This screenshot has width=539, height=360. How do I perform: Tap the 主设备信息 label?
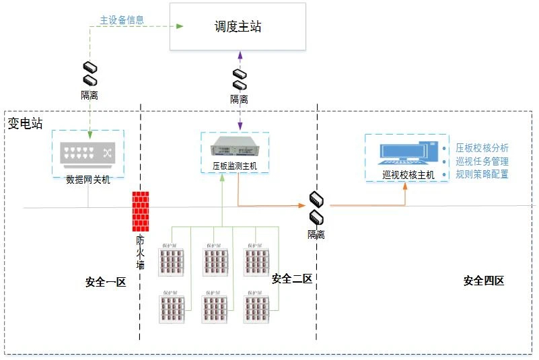tap(122, 20)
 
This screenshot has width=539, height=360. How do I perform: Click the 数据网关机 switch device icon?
tap(87, 153)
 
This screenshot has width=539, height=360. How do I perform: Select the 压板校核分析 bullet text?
tap(482, 148)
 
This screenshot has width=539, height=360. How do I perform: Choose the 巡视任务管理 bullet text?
tap(482, 161)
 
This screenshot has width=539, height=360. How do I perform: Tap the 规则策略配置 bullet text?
tap(482, 174)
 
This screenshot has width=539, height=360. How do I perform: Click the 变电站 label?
tap(25, 124)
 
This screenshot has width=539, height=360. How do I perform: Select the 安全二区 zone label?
tap(291, 279)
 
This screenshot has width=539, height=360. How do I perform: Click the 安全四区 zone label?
tap(483, 281)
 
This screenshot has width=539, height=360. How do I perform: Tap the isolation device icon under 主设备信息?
tap(89, 74)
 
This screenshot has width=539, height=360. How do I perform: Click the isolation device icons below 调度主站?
tap(240, 79)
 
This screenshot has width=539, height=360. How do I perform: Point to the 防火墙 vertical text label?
tap(141, 251)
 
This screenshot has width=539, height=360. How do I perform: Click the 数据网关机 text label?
tap(87, 180)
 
